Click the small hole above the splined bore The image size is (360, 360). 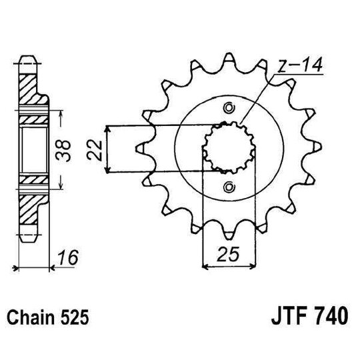click(x=230, y=108)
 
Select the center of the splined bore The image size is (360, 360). click(x=230, y=147)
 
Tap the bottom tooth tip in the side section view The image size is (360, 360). click(x=27, y=233)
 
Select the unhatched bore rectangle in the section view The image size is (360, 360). click(x=32, y=148)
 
